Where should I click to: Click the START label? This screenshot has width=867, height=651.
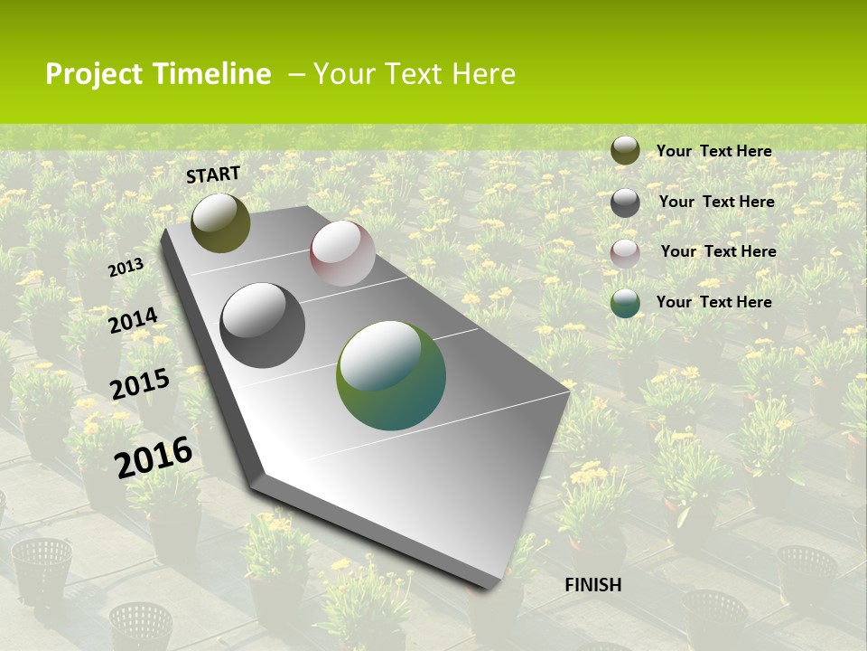213,175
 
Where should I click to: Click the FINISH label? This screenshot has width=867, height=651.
593,585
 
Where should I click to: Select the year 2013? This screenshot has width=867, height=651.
126,268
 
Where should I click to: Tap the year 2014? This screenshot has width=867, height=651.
133,320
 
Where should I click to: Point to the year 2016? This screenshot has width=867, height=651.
154,457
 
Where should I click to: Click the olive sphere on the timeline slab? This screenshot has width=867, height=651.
220,223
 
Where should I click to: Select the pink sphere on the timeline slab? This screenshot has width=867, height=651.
342,253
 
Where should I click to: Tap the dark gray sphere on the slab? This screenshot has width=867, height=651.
263,325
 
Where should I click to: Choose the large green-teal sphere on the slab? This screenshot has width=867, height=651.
391,375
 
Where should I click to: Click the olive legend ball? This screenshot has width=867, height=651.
625,151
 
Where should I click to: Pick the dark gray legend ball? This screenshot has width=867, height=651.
625,203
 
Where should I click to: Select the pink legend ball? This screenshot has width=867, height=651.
625,253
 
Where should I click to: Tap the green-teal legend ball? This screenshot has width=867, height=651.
625,303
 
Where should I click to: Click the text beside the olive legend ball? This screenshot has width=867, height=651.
714,151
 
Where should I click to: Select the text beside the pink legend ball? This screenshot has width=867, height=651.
719,251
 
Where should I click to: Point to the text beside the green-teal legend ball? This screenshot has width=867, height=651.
714,302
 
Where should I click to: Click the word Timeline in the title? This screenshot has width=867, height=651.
211,74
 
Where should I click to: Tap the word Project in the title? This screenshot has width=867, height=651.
94,74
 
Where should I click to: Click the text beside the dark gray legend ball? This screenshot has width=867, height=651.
717,202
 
